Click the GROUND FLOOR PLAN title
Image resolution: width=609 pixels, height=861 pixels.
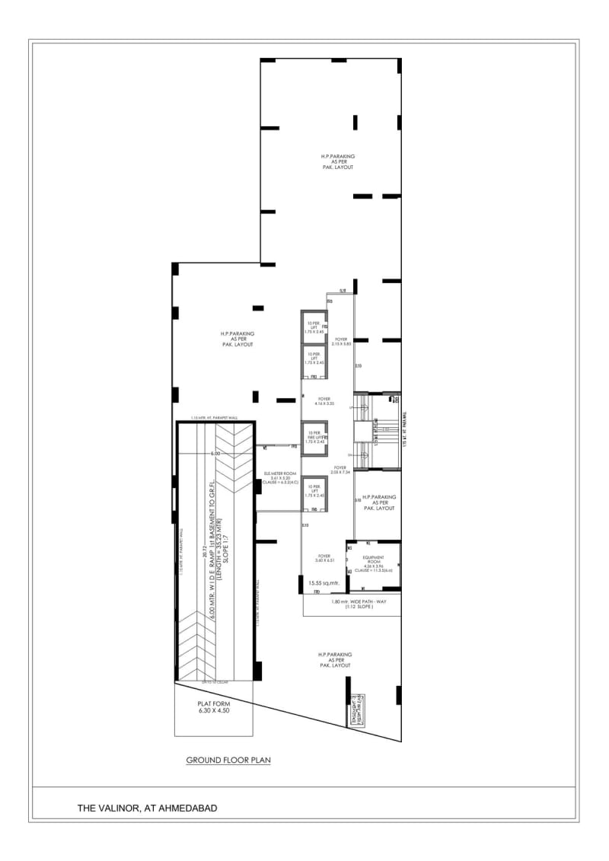pos(228,760)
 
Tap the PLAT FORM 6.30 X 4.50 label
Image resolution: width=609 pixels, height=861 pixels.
pos(213,708)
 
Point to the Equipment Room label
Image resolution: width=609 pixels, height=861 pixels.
pos(374,562)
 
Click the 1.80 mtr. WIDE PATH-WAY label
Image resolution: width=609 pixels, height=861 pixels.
pos(351,604)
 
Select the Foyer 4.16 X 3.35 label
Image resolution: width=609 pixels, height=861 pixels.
pos(325,400)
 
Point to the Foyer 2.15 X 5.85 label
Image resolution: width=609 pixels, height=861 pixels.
pos(340,341)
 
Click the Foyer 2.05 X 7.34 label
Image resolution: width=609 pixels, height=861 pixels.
pos(340,470)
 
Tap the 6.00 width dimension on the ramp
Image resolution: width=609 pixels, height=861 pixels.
pos(215,454)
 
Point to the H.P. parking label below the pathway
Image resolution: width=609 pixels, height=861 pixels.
pos(334,659)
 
